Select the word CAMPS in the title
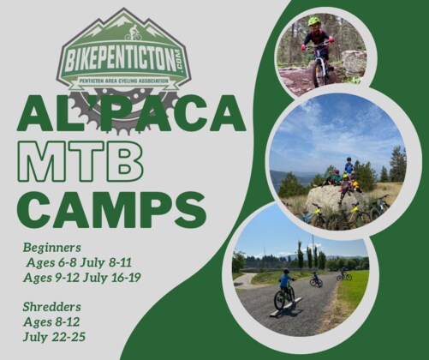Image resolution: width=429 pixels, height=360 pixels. coord(111,207)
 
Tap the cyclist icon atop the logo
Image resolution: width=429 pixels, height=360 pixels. coord(132,35)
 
